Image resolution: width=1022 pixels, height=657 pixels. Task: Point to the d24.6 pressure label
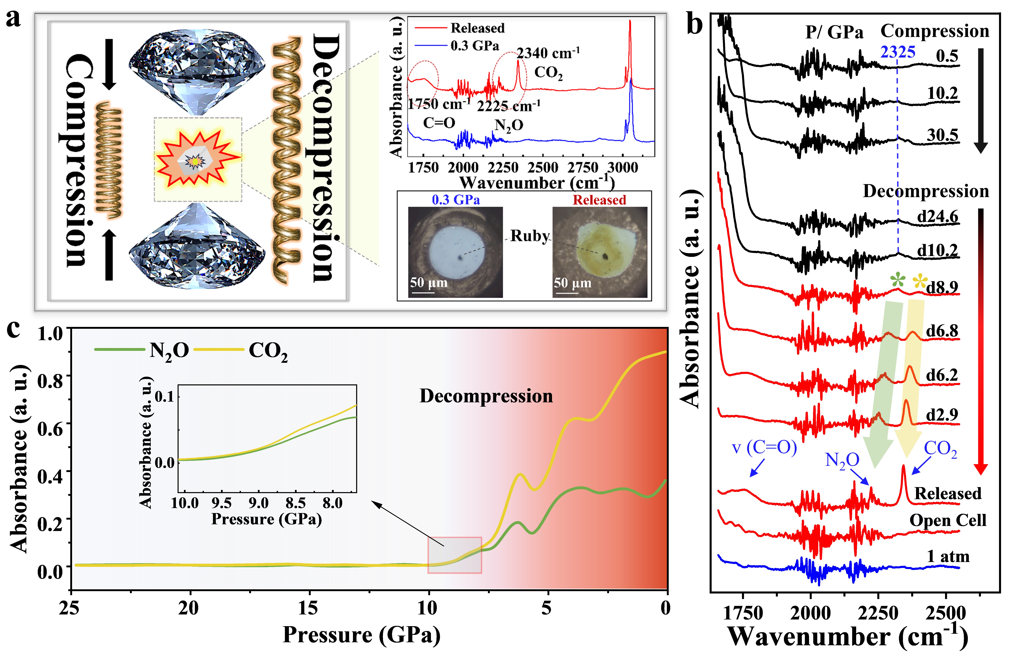[x=937, y=217]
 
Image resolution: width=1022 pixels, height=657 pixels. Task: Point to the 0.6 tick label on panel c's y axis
[x=50, y=428]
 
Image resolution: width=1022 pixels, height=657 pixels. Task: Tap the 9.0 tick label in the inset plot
[x=258, y=503]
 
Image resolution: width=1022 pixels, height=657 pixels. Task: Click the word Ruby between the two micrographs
[x=529, y=235]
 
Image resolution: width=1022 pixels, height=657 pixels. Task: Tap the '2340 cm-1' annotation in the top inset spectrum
[x=548, y=53]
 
